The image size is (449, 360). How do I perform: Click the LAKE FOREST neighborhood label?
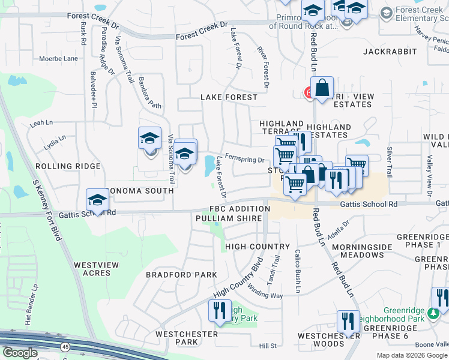pyautogui.click(x=229, y=97)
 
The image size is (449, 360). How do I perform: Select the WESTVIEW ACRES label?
pyautogui.click(x=92, y=268)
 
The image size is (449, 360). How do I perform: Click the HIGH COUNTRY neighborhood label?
pyautogui.click(x=258, y=247)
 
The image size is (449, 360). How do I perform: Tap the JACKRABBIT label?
pyautogui.click(x=390, y=52)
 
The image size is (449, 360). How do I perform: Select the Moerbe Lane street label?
pyautogui.click(x=58, y=59)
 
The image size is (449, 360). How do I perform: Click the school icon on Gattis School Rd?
pyautogui.click(x=97, y=200)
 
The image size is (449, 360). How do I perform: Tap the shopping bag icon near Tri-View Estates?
pyautogui.click(x=322, y=88)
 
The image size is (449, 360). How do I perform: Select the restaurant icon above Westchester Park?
pyautogui.click(x=218, y=310)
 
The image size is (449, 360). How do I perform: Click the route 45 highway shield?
pyautogui.click(x=64, y=346)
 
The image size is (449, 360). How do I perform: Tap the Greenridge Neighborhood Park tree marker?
pyautogui.click(x=432, y=313)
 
